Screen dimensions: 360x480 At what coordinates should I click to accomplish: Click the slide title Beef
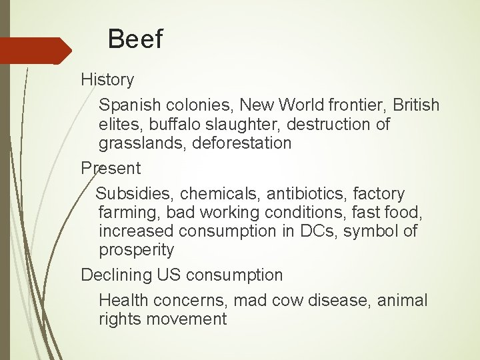point(135,39)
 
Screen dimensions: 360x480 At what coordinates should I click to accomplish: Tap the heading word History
point(107,79)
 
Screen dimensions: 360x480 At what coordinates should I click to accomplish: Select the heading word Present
point(111,168)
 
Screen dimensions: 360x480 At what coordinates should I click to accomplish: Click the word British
point(416,105)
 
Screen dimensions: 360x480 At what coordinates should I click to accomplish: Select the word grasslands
point(141,143)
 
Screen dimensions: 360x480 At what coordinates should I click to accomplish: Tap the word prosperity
point(137,250)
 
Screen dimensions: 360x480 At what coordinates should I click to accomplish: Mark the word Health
point(123,301)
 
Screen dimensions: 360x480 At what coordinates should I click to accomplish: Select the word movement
point(187,319)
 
